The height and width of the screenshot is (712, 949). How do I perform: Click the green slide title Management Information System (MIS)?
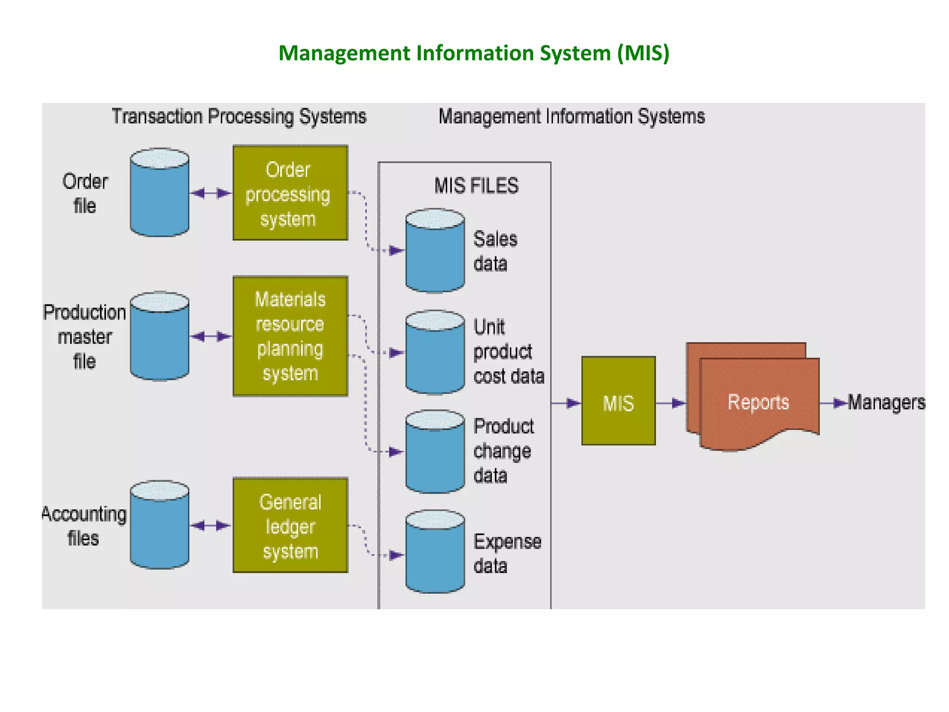pyautogui.click(x=474, y=53)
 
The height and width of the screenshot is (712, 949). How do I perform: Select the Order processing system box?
pyautogui.click(x=290, y=193)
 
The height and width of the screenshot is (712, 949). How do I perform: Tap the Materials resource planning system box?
pyautogui.click(x=290, y=336)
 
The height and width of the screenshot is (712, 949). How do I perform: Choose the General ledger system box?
pyautogui.click(x=290, y=525)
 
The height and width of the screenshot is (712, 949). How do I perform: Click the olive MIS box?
pyautogui.click(x=618, y=401)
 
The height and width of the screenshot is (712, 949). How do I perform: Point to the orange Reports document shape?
pyautogui.click(x=758, y=401)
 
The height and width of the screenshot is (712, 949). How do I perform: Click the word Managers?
pyautogui.click(x=886, y=402)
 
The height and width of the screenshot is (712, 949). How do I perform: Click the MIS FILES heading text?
pyautogui.click(x=476, y=186)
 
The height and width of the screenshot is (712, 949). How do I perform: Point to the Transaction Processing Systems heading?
pyautogui.click(x=239, y=116)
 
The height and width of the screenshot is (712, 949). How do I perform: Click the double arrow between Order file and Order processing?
pyautogui.click(x=211, y=193)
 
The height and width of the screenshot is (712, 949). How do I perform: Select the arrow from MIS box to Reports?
pyautogui.click(x=671, y=403)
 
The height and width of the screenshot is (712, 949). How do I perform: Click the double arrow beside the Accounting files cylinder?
pyautogui.click(x=211, y=525)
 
